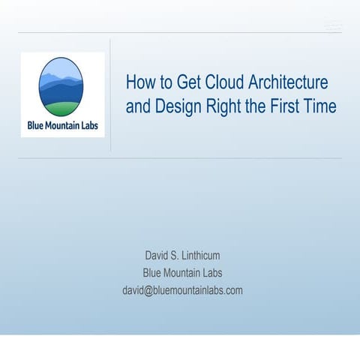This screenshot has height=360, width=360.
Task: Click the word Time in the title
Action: pos(319,106)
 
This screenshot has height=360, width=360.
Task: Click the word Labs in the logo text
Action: pos(94,124)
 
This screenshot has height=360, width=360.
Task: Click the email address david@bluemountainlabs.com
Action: pos(182,290)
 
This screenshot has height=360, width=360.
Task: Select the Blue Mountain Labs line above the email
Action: pos(182,273)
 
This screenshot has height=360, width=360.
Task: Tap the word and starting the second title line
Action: pos(138,106)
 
